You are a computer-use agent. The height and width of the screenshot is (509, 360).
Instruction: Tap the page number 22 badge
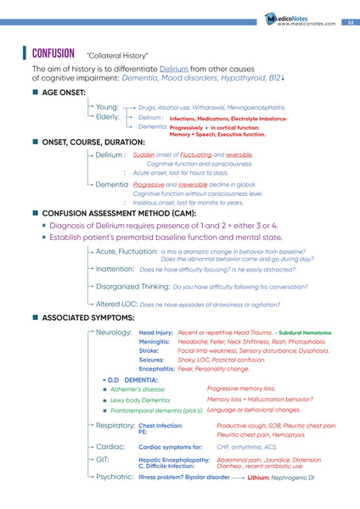pyautogui.click(x=350, y=22)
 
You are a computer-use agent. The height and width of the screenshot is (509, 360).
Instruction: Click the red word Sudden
pyautogui.click(x=143, y=155)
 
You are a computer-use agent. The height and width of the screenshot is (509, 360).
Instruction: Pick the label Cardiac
pyautogui.click(x=111, y=445)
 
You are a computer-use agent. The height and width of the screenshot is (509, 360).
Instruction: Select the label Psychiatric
pyautogui.click(x=115, y=477)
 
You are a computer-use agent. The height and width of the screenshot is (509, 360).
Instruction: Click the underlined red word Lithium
pyautogui.click(x=264, y=478)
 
